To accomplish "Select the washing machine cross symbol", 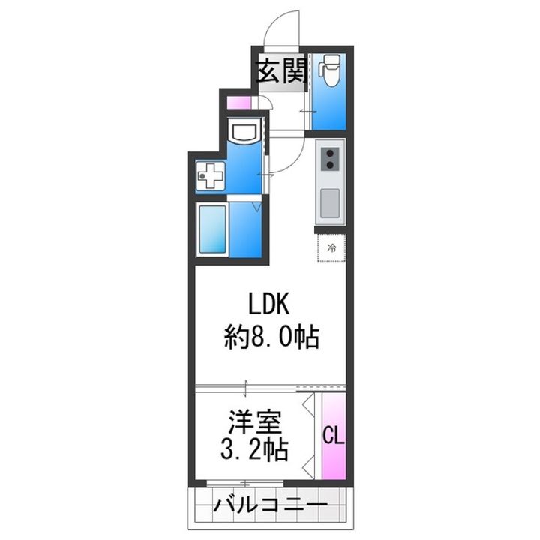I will (209, 177).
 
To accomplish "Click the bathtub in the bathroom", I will (212, 229).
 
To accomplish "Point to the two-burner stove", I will (330, 159).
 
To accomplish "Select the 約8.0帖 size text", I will (273, 338).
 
